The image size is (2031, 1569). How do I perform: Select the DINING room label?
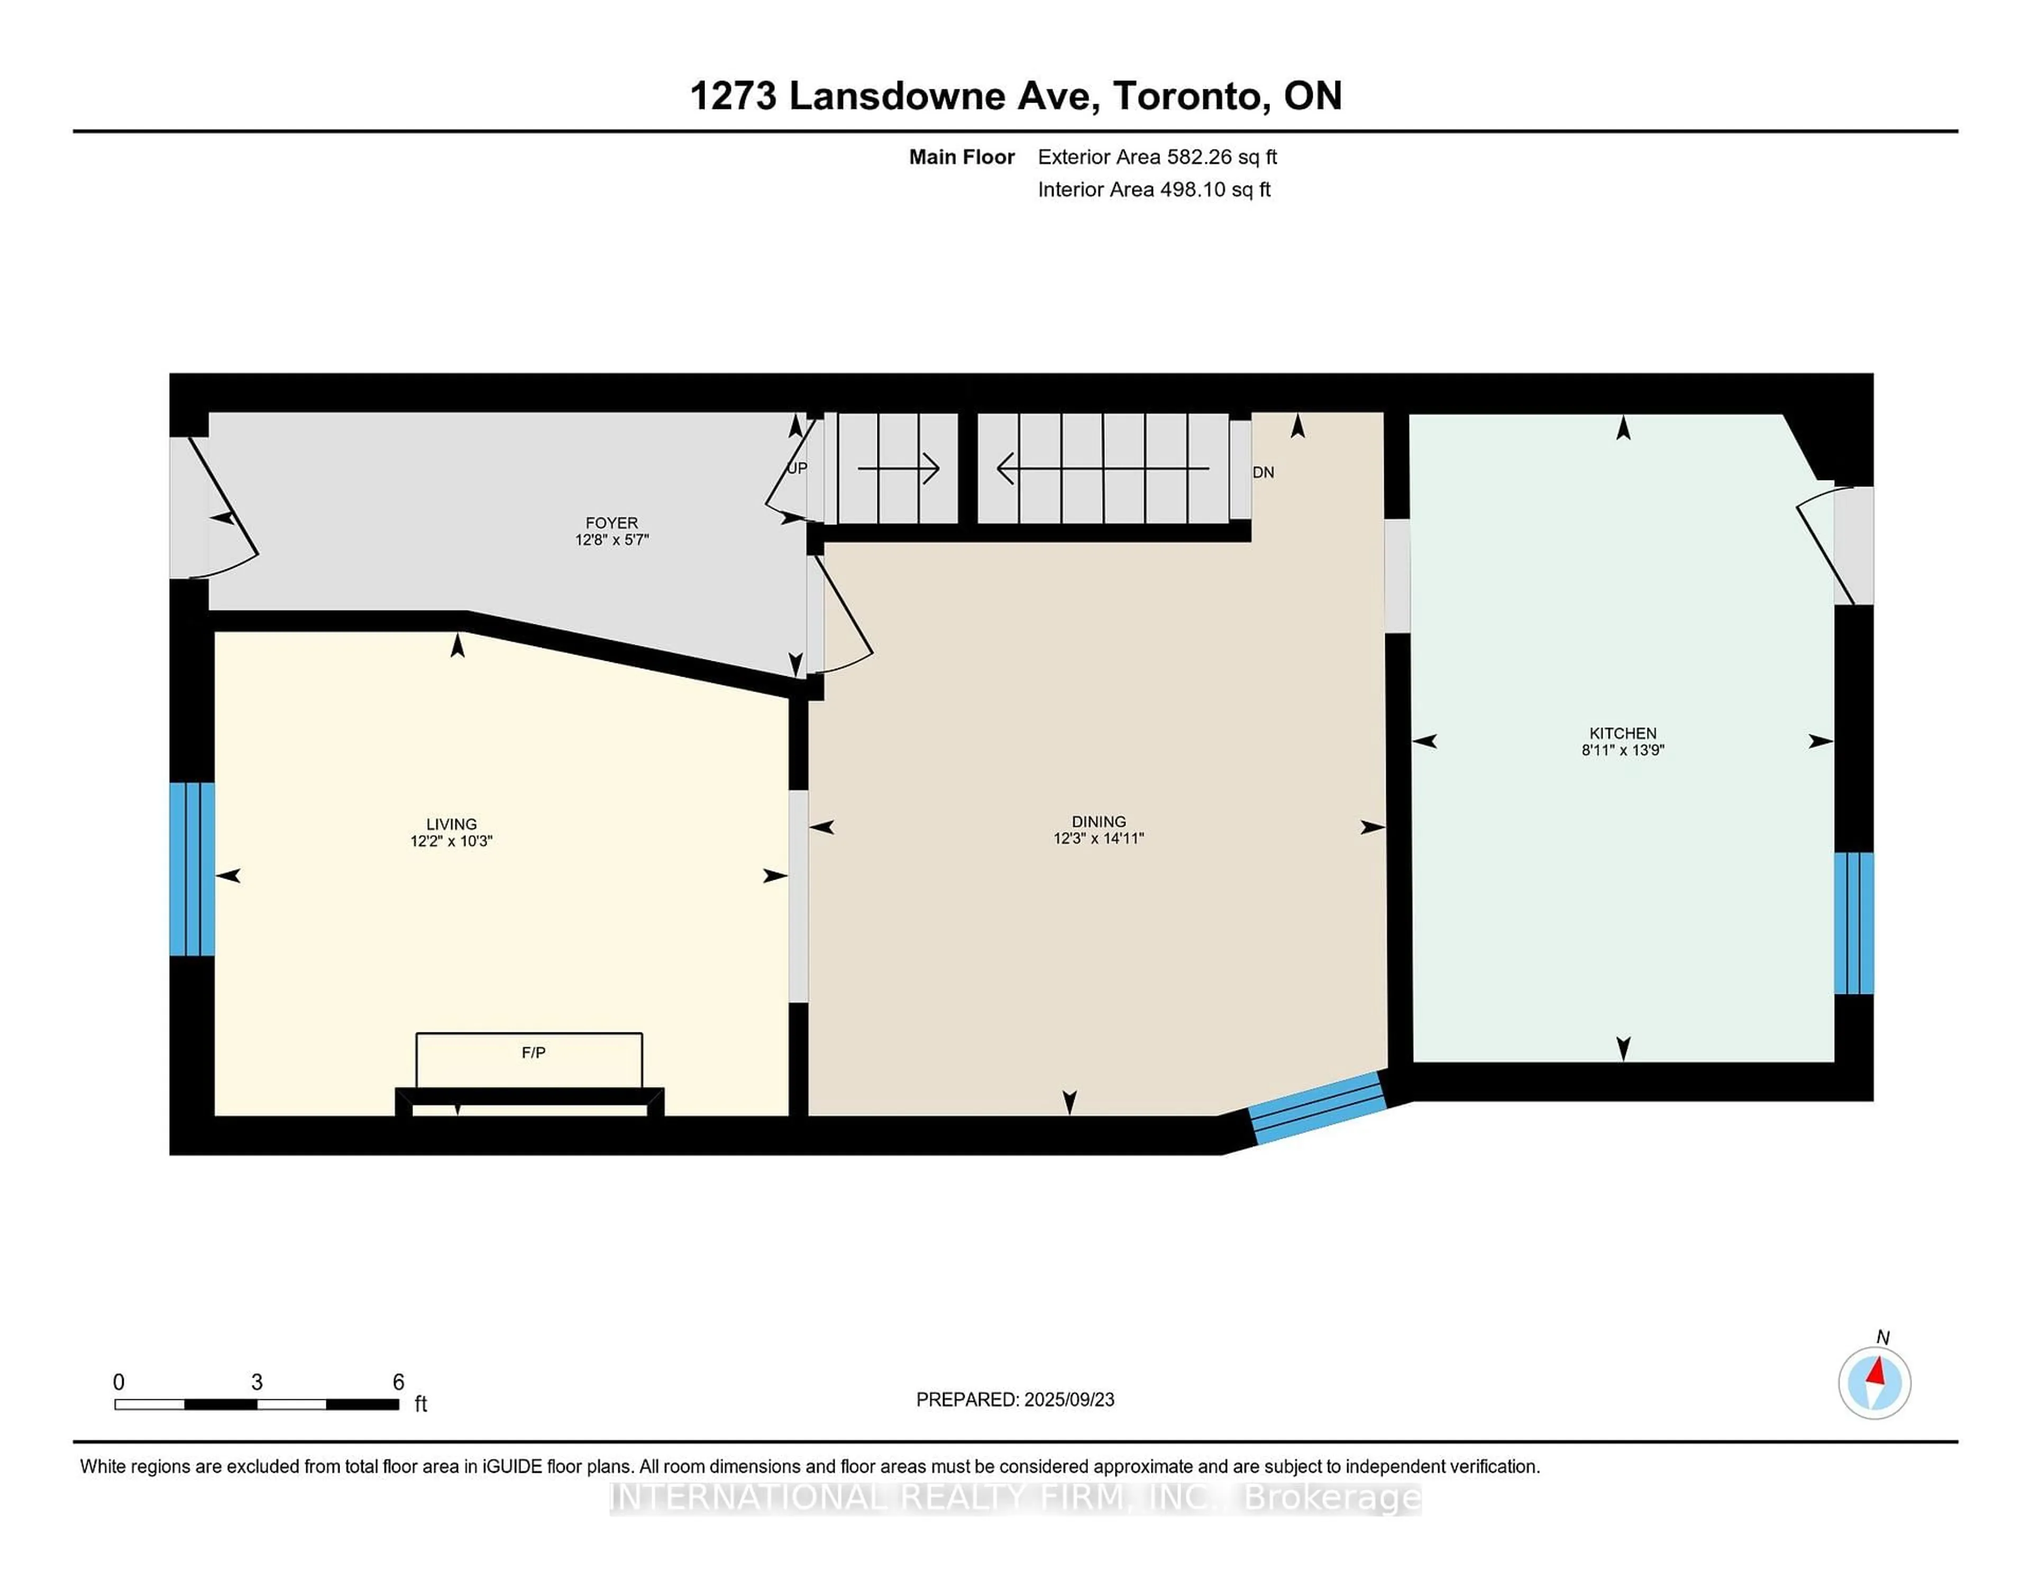tap(1098, 822)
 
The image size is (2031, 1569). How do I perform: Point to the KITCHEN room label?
tap(1623, 733)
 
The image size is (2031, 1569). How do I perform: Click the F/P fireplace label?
tap(533, 1052)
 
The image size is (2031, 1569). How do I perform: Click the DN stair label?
tap(1263, 472)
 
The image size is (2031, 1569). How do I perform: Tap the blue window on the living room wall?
tap(191, 869)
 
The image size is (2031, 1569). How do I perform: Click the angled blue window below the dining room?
tap(1318, 1107)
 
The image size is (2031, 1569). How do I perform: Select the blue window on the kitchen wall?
tap(1853, 923)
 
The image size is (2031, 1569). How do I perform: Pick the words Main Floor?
tap(962, 157)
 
